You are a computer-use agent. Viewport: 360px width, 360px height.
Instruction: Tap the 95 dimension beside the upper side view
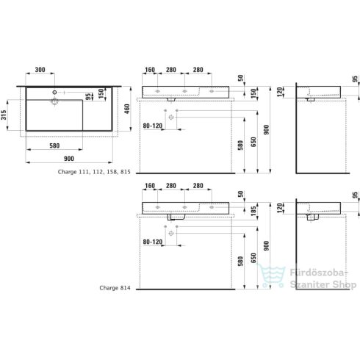point(354,79)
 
